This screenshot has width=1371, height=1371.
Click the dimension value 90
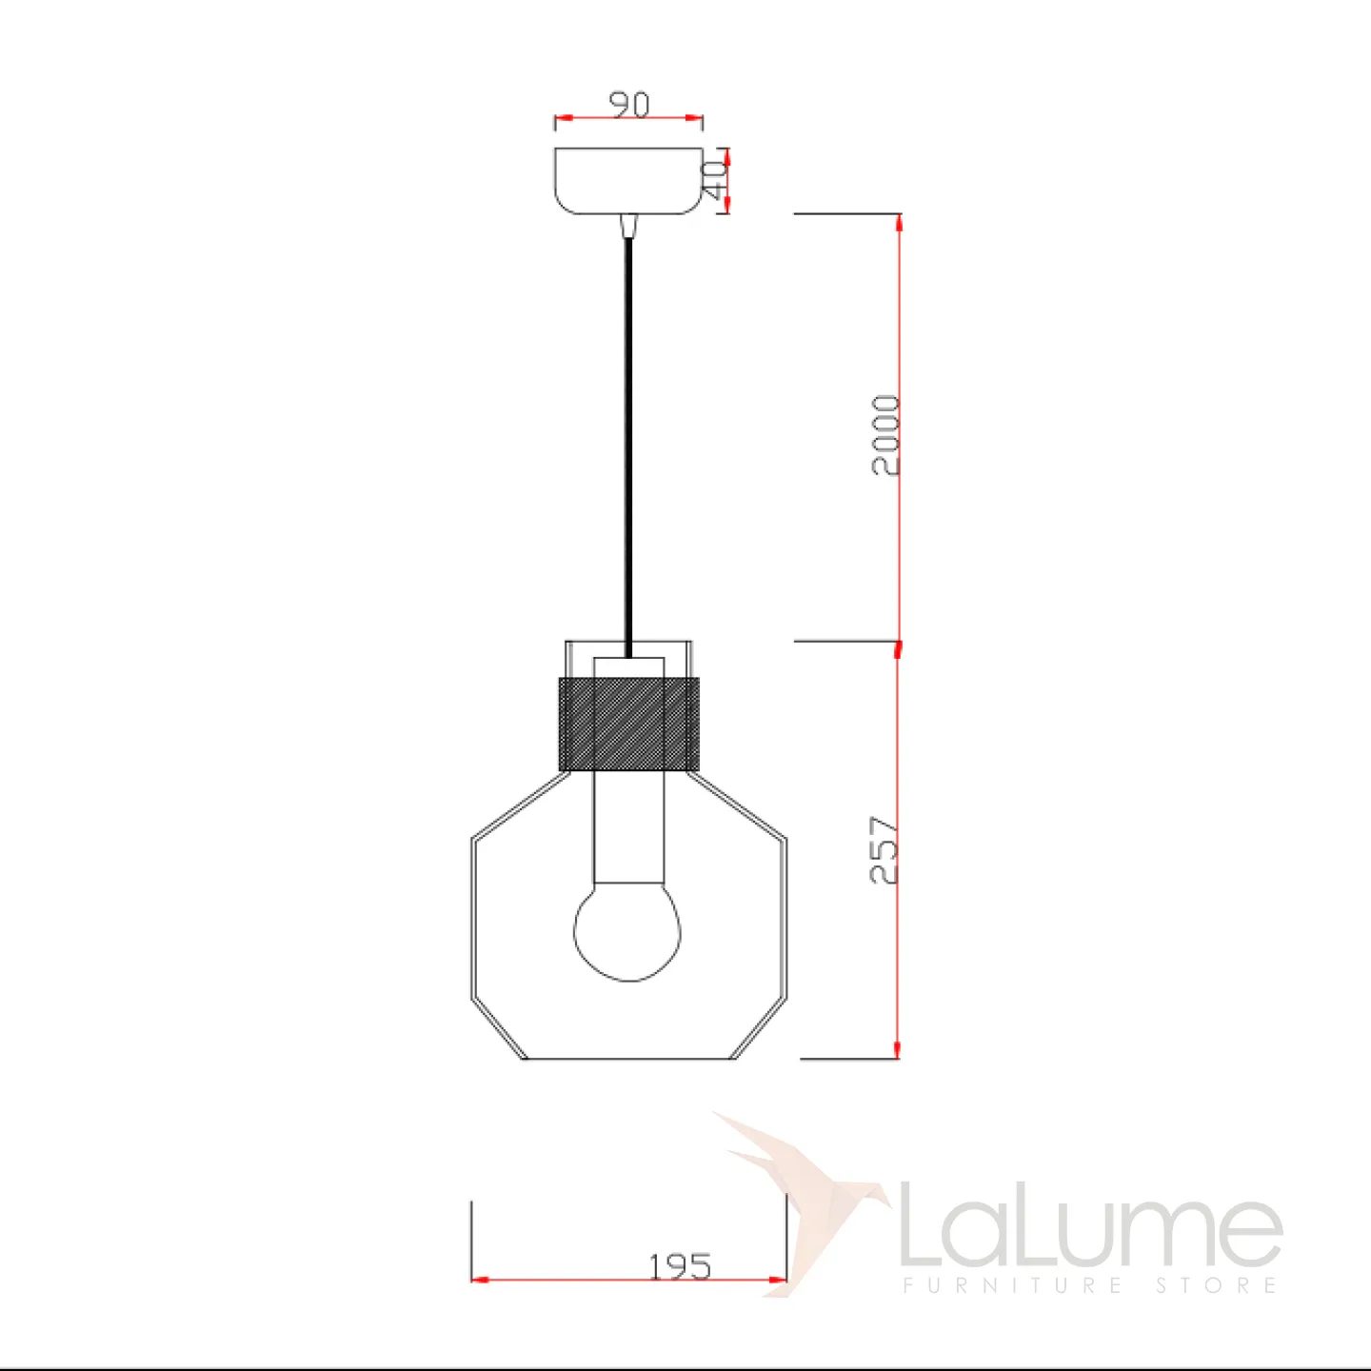630,105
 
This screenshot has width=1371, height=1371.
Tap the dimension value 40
714,180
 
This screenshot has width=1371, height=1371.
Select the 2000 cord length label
885,435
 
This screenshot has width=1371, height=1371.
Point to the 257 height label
884,850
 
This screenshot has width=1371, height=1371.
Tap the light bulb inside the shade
626,931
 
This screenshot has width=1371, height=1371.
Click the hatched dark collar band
629,725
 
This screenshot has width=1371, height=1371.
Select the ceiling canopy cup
628,181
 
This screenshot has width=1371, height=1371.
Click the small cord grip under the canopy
628,226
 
